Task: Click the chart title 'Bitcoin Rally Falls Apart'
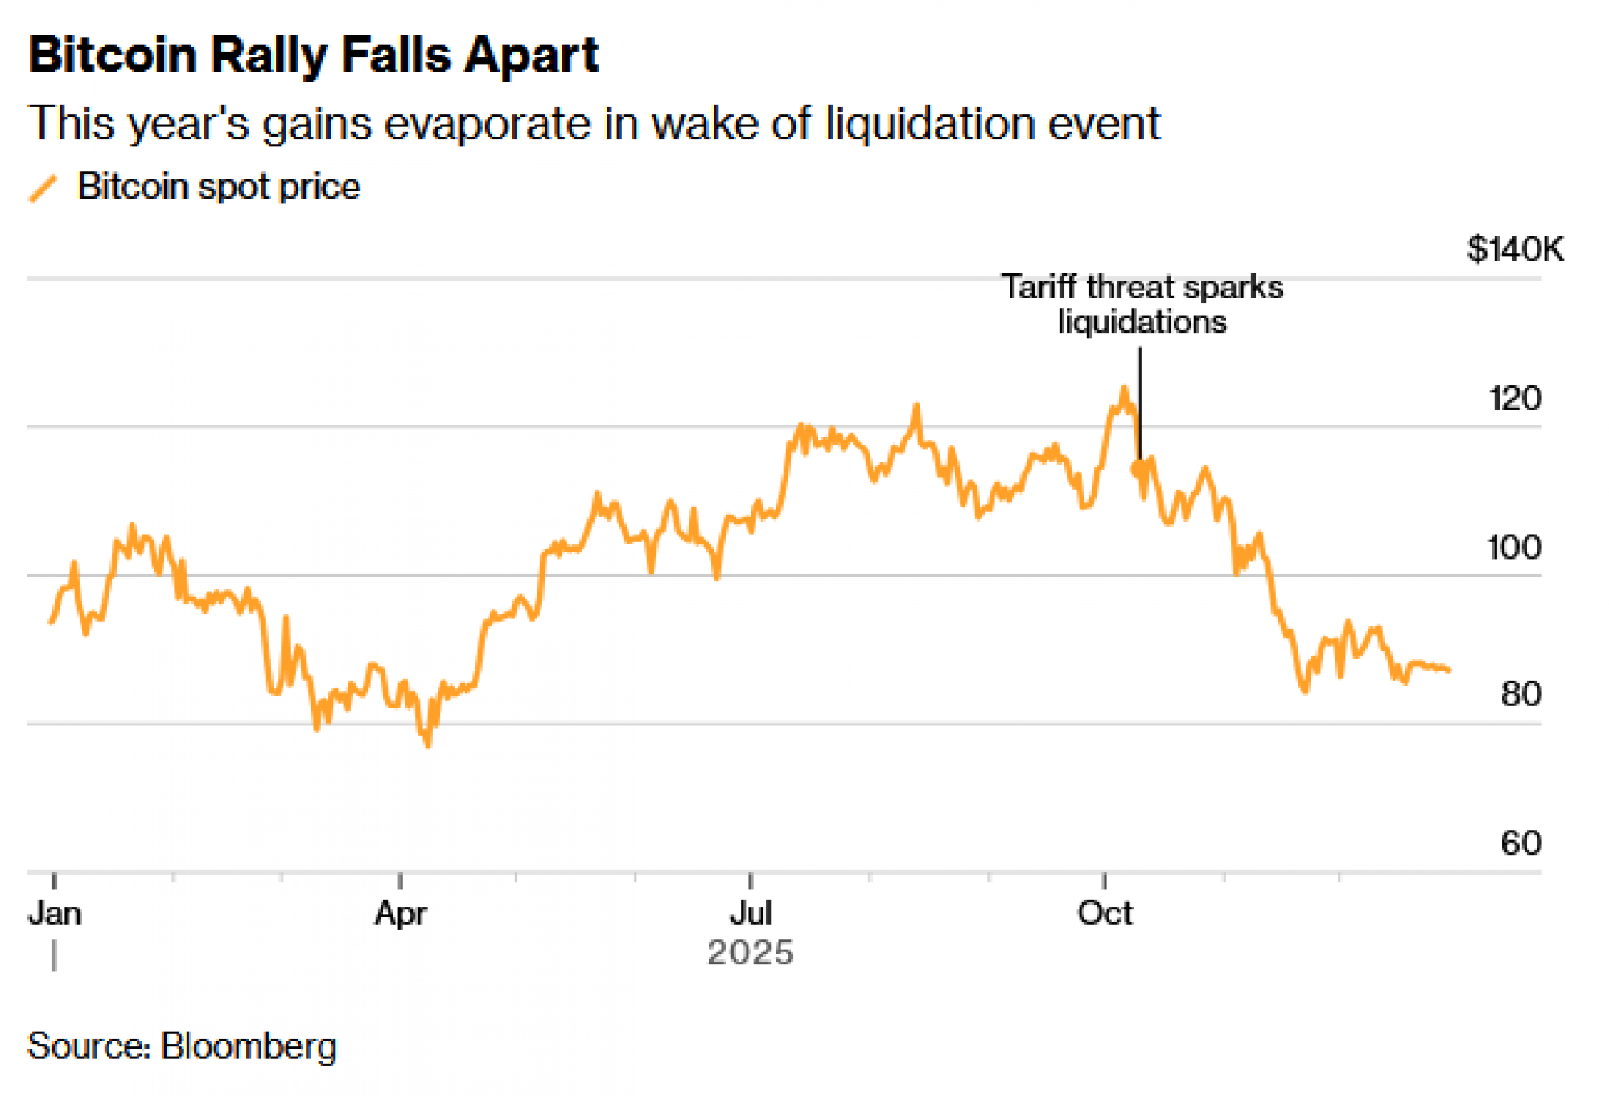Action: (x=313, y=56)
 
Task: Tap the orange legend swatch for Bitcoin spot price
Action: (x=43, y=188)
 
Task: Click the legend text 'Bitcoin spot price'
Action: (x=218, y=187)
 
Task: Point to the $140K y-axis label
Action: (x=1515, y=249)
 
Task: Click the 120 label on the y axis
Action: (x=1515, y=399)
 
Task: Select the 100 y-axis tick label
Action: (x=1514, y=548)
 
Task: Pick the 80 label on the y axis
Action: (x=1521, y=694)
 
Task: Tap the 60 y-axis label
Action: (x=1521, y=843)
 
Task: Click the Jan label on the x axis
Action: (x=55, y=913)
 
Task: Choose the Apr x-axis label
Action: (x=400, y=913)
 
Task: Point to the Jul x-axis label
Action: (x=751, y=913)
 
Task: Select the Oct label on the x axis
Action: (x=1105, y=913)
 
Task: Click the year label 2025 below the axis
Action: (x=750, y=953)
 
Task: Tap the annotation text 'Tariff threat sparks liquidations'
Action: (x=1142, y=305)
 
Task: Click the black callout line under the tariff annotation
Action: (x=1139, y=402)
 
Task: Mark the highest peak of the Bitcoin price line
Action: (x=1125, y=388)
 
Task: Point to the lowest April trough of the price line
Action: (x=428, y=745)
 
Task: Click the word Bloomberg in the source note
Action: (x=248, y=1046)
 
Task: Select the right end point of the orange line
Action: (x=1449, y=670)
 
